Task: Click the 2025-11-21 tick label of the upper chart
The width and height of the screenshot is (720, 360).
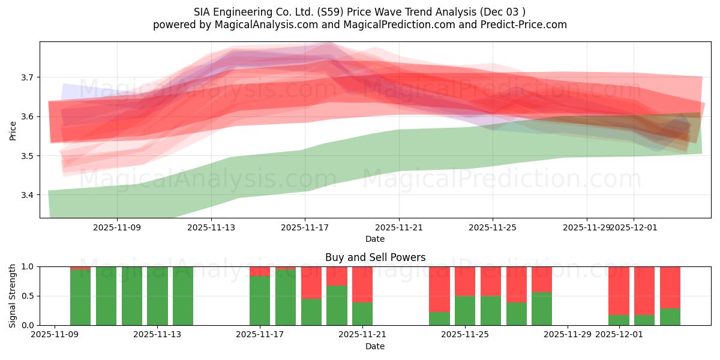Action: tap(399, 228)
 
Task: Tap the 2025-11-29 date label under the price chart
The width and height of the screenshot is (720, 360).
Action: tap(586, 228)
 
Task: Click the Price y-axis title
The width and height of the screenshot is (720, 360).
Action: tap(13, 130)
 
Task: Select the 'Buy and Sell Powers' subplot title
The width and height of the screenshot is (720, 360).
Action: tap(375, 257)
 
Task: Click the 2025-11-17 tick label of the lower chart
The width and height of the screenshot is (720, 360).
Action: tap(260, 335)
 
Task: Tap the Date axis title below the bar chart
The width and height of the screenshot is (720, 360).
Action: tap(375, 346)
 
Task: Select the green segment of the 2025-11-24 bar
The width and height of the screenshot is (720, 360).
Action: tap(439, 319)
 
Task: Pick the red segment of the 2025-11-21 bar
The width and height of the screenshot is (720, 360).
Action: tap(362, 284)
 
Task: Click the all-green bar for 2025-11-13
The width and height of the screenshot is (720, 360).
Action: tap(158, 296)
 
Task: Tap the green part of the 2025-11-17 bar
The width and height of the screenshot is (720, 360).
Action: tap(260, 301)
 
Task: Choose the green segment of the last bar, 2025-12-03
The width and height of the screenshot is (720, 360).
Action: tap(670, 317)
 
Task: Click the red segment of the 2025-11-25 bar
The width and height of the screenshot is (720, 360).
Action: tap(465, 281)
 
